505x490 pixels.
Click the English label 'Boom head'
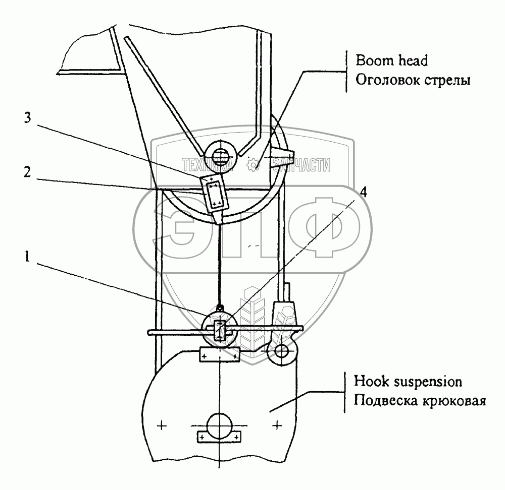tap(391, 61)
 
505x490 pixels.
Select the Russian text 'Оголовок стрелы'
tap(413, 81)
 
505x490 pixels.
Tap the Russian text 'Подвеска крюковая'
tap(420, 402)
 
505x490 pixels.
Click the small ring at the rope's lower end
tap(220, 307)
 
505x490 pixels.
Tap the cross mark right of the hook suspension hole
tap(277, 426)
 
